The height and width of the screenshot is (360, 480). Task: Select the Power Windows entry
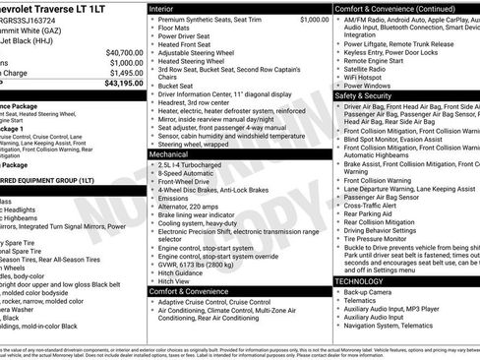tap(371, 86)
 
